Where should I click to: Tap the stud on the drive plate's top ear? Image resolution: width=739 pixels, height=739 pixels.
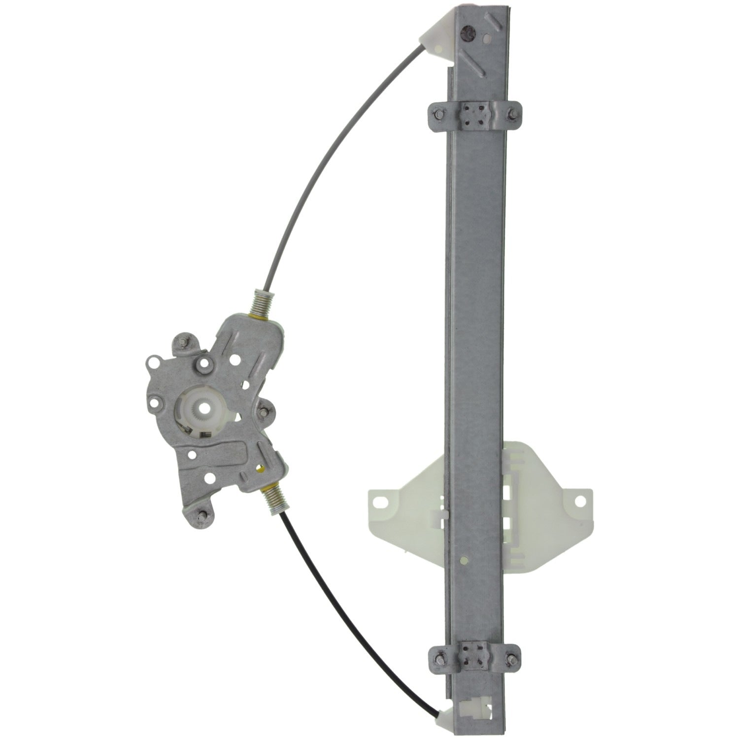coord(182,342)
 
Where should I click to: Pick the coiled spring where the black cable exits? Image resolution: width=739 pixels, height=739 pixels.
coord(272,499)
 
